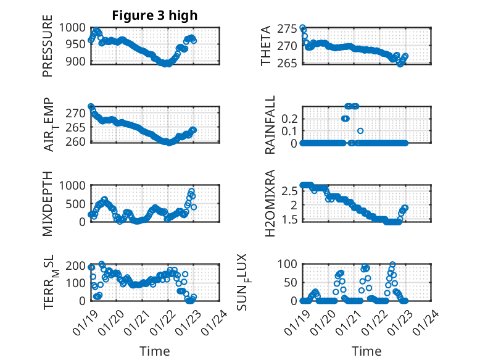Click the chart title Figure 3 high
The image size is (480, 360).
(155, 15)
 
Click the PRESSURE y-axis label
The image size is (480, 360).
(48, 50)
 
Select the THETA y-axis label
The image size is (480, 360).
(266, 46)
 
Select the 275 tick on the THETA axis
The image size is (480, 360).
(288, 28)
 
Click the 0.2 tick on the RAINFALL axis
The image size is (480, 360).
(290, 118)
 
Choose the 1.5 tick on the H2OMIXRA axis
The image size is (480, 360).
(290, 219)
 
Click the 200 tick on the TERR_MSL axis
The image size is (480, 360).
(77, 266)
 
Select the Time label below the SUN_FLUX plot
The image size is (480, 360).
(366, 351)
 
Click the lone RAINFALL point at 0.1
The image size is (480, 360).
(360, 130)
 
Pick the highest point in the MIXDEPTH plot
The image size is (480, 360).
(191, 191)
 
